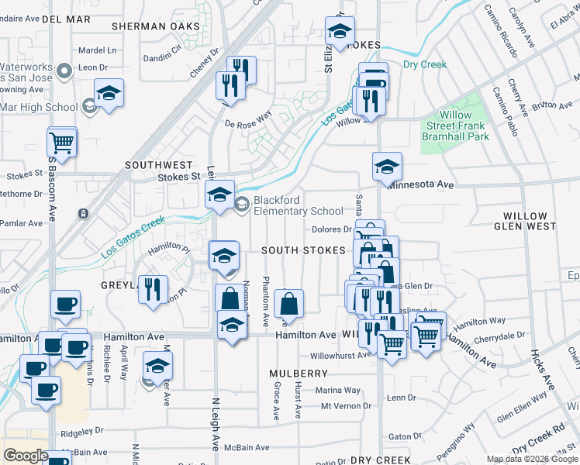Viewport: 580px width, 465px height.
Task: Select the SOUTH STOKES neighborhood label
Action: pyautogui.click(x=302, y=250)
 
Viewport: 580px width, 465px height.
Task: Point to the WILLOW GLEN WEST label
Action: pyautogui.click(x=529, y=221)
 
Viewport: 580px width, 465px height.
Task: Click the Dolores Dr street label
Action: pyautogui.click(x=333, y=229)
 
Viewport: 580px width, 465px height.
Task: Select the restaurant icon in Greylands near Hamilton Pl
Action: pyautogui.click(x=153, y=291)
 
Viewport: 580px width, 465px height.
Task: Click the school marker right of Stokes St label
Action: pyautogui.click(x=220, y=195)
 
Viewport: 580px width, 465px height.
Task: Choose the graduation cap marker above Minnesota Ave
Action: pyautogui.click(x=387, y=166)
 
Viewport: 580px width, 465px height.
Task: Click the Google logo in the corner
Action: pyautogui.click(x=26, y=455)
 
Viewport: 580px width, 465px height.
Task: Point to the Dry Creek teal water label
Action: pyautogui.click(x=424, y=65)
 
